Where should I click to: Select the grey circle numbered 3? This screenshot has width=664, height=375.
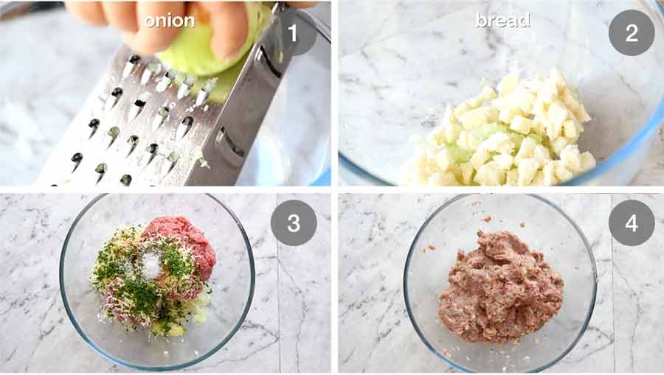[x=293, y=222]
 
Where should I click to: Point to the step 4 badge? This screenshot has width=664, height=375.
[x=631, y=222]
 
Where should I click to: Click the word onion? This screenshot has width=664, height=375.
[x=169, y=20]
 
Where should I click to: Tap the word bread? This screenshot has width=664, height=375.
[x=502, y=20]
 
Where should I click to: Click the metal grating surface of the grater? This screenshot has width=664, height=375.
[x=125, y=125]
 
